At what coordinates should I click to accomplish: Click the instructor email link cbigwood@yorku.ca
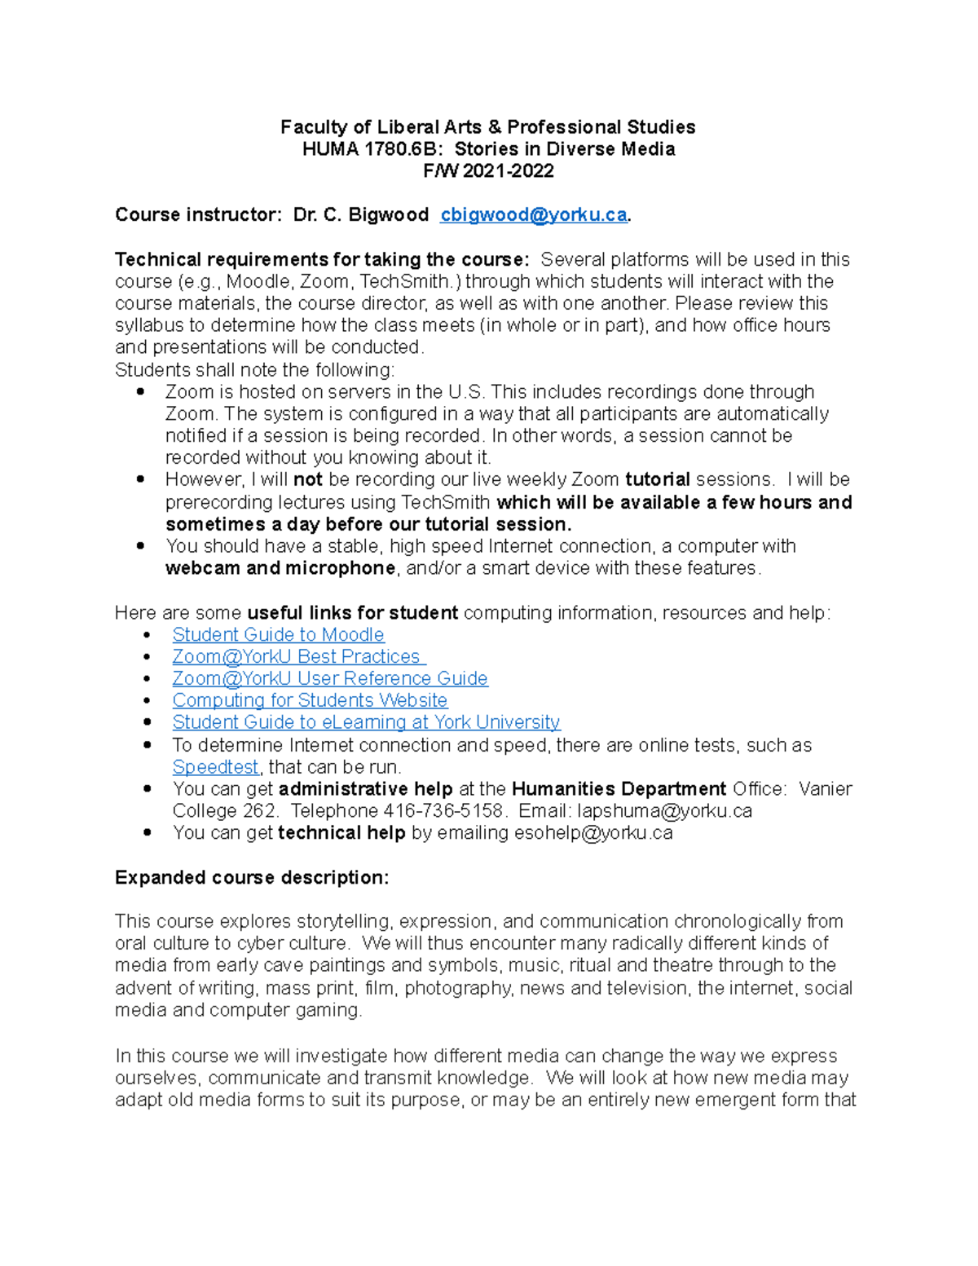pos(533,215)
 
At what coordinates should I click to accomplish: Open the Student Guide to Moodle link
pos(278,635)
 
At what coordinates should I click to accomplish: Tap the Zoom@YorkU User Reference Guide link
pos(330,679)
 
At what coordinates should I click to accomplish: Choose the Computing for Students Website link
pos(310,701)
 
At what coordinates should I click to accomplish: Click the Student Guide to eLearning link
pos(366,723)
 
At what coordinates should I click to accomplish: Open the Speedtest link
pos(215,768)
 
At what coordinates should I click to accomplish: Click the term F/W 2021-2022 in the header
pos(488,171)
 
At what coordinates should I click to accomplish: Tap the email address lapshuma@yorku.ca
pos(664,811)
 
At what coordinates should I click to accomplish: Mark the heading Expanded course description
pos(252,878)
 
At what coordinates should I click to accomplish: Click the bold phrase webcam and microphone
pos(280,568)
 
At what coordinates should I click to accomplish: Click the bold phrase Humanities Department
pos(619,789)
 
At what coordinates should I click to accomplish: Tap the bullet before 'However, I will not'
pos(141,479)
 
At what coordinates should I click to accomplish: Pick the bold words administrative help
pos(365,789)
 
